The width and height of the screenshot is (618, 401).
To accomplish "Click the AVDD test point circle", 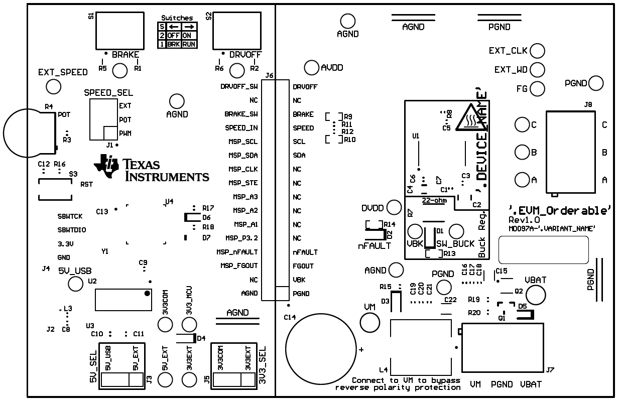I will coord(312,67).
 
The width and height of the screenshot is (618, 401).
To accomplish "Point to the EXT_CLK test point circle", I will coord(537,51).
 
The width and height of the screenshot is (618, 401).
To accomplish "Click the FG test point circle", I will coord(537,89).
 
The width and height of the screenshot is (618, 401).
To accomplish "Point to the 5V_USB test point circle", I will coord(75,284).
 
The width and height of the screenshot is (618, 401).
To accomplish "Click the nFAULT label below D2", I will coord(374,246).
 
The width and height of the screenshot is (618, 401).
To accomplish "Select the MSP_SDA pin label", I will coord(243,155).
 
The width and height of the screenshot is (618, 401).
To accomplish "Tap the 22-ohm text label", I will coord(434,201).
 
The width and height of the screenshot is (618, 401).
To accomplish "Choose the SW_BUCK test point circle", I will coord(456,231).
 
